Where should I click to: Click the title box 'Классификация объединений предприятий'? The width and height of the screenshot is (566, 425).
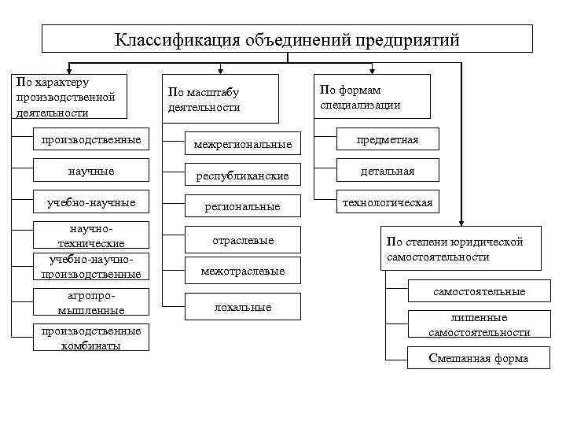pos(287,39)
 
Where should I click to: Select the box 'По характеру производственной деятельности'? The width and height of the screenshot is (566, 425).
pos(68,98)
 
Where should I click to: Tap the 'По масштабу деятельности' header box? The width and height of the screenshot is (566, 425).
pos(220,100)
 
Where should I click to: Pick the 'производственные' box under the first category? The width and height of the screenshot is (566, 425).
pos(91,140)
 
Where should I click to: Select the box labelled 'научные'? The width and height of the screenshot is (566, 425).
pos(91,171)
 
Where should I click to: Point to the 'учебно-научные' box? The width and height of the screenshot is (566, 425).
pos(91,203)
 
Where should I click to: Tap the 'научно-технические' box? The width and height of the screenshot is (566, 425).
pos(91,235)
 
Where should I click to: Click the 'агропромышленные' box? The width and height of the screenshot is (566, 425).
pos(91,303)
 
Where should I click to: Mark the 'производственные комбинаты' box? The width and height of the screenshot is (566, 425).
pos(91,338)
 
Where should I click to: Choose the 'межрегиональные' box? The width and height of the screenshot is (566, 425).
pos(242,144)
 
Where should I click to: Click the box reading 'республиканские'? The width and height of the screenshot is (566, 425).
pos(242,176)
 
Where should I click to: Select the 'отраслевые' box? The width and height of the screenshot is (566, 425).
pos(242,240)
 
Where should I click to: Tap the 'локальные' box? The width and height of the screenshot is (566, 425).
pos(242,307)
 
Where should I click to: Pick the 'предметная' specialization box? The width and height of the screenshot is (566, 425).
pos(387,140)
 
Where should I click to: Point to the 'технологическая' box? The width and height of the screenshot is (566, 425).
pos(387,203)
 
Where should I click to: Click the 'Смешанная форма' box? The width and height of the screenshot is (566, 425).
pos(478,358)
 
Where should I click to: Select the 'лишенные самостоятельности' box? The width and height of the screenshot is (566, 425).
pos(478,325)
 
